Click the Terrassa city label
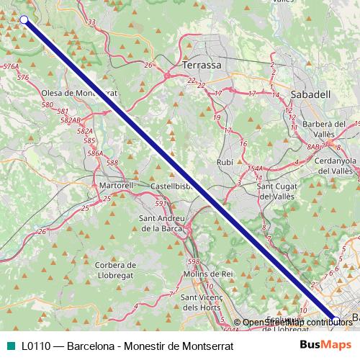[x=202, y=65]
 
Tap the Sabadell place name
[x=310, y=94]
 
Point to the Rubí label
[x=225, y=163]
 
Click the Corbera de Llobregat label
[x=115, y=270]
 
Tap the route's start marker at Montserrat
[x=24, y=19]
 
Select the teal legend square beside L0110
[x=9, y=346]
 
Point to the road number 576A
[x=11, y=66]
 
